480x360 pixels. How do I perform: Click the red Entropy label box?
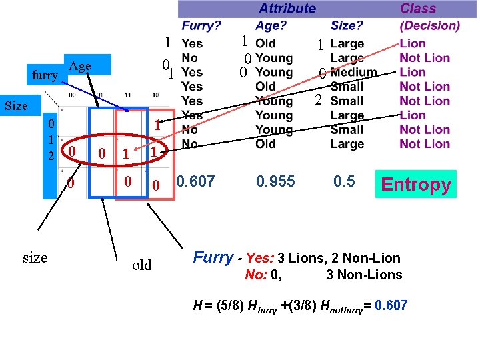pyautogui.click(x=416, y=184)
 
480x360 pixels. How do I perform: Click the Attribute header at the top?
pyautogui.click(x=287, y=9)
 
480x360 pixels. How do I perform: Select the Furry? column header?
pyautogui.click(x=201, y=26)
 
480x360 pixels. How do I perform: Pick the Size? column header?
pyautogui.click(x=347, y=26)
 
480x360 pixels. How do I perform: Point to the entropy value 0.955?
pyautogui.click(x=275, y=181)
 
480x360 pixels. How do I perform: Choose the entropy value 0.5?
pyautogui.click(x=344, y=181)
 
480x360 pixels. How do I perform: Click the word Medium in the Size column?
pyautogui.click(x=353, y=72)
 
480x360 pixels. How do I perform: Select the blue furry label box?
pyautogui.click(x=45, y=75)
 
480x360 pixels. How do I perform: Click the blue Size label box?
pyautogui.click(x=16, y=106)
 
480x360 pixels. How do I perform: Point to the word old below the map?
pyautogui.click(x=141, y=265)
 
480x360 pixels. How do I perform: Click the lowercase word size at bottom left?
pyautogui.click(x=35, y=257)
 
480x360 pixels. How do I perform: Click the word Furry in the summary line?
pyautogui.click(x=213, y=258)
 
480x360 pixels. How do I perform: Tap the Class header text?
pyautogui.click(x=418, y=9)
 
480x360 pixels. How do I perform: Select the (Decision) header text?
pyautogui.click(x=429, y=26)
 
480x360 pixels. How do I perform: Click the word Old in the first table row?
pyautogui.click(x=265, y=43)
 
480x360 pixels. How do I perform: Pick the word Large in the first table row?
pyautogui.click(x=347, y=43)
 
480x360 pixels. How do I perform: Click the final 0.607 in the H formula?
pyautogui.click(x=390, y=306)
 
